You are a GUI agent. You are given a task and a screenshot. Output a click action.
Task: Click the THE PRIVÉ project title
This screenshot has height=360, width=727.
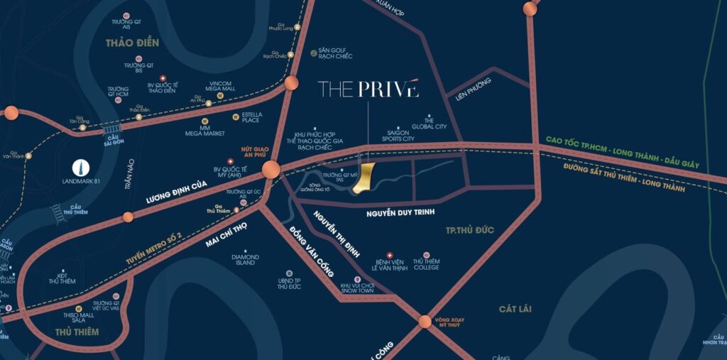(368, 89)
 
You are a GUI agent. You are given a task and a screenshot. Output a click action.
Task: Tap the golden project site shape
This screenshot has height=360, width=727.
(365, 178)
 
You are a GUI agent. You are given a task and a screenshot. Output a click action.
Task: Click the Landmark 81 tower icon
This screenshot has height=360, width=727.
(82, 168)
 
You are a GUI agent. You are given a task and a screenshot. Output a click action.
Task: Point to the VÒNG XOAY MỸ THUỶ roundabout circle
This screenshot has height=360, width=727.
(425, 321)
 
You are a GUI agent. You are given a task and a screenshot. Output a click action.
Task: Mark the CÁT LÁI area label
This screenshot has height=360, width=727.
(515, 309)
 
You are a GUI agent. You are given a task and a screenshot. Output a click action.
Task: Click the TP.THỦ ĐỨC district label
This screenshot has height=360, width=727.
(469, 230)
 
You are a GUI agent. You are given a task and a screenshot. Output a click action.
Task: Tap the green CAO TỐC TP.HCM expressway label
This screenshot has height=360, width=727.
(622, 153)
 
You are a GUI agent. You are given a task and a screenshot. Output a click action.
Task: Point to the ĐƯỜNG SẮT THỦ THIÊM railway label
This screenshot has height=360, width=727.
(624, 178)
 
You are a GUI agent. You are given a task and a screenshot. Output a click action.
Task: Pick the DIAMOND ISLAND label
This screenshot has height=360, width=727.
(244, 259)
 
